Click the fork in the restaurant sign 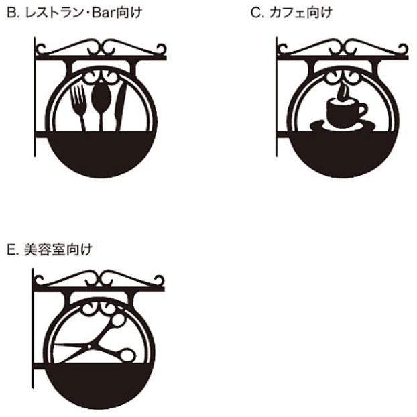(78, 107)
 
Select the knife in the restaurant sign (120, 107)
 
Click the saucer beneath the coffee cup (343, 126)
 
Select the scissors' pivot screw (89, 346)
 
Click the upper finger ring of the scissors (117, 320)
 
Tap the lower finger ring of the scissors (127, 355)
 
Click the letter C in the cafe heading (255, 13)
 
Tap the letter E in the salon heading (11, 250)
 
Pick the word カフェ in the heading (287, 13)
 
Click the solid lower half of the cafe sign (343, 152)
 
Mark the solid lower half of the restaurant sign (101, 152)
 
